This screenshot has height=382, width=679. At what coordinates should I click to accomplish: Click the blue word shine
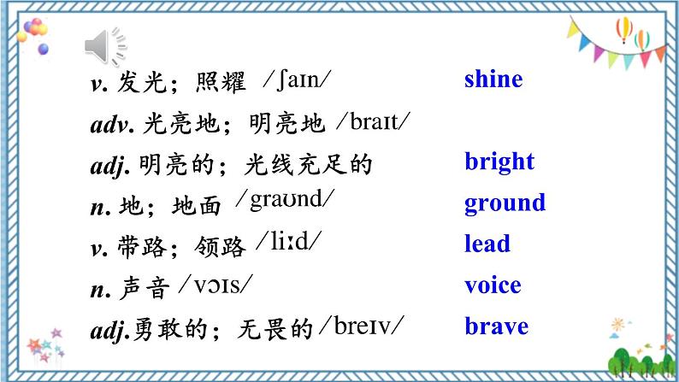pyautogui.click(x=493, y=80)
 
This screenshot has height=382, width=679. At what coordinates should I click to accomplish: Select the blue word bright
pyautogui.click(x=499, y=162)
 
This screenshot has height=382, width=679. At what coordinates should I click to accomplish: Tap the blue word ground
pyautogui.click(x=505, y=203)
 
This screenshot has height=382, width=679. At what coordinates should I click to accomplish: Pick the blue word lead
pyautogui.click(x=487, y=244)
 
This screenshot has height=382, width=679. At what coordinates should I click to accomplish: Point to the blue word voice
pyautogui.click(x=492, y=285)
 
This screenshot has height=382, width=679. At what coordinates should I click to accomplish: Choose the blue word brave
pyautogui.click(x=496, y=326)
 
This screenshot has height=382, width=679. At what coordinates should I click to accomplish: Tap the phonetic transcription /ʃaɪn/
pyautogui.click(x=298, y=80)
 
